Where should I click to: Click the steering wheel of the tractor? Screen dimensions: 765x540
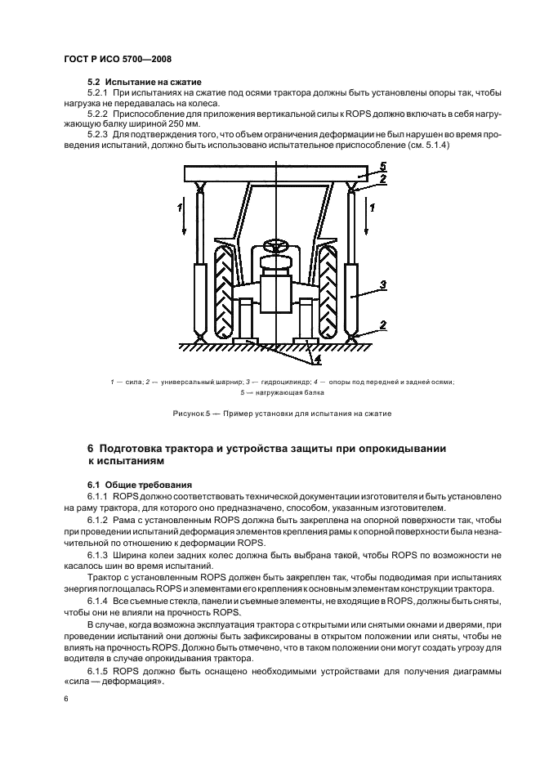tap(275, 246)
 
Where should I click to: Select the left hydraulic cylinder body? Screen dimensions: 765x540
tap(199, 295)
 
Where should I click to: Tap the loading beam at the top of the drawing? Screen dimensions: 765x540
tap(275, 172)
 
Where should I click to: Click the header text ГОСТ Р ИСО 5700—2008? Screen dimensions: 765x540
tap(116, 59)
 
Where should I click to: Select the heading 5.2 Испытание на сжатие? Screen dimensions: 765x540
tap(144, 83)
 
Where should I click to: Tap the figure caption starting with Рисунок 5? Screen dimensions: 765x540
tap(282, 413)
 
